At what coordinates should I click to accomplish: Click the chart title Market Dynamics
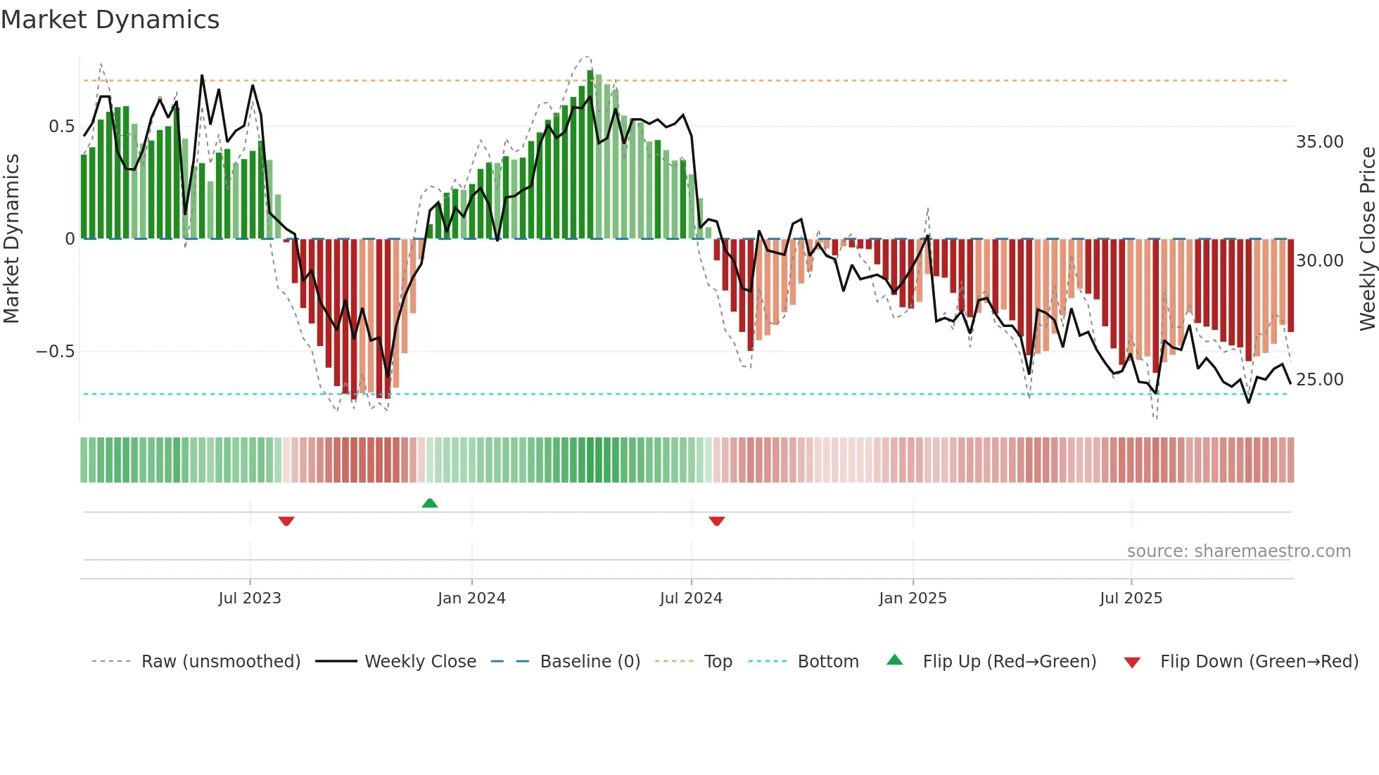(110, 20)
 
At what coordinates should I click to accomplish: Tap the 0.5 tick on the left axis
(61, 127)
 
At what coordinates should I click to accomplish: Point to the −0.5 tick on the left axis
(56, 352)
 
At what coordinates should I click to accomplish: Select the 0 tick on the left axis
(70, 239)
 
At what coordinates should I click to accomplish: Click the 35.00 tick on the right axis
(1319, 142)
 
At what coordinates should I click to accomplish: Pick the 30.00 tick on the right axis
(1319, 261)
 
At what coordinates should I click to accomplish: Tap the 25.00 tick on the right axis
(1319, 380)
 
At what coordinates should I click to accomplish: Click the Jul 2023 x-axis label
(250, 598)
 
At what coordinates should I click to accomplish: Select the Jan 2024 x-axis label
(471, 598)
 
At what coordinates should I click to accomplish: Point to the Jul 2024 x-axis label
(691, 598)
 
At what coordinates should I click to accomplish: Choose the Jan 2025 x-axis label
(913, 598)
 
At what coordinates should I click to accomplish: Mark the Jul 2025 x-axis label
(1131, 598)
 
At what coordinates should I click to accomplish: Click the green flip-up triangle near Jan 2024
(430, 503)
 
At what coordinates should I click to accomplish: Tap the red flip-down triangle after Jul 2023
(286, 521)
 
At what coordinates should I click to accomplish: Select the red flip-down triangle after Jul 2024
(717, 521)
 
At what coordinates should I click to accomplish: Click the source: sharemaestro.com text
(1238, 551)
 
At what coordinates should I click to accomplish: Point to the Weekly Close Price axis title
(1367, 239)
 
